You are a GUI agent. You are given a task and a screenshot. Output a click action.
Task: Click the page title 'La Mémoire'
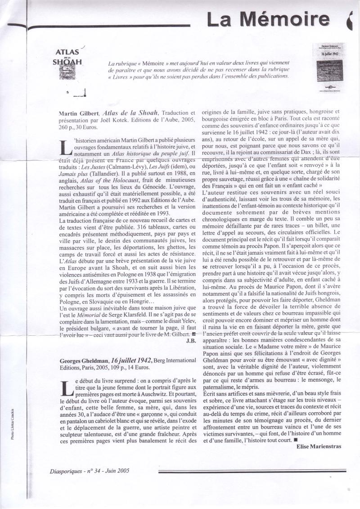click(267, 19)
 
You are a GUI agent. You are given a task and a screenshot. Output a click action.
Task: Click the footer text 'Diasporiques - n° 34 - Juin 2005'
click(90, 471)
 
